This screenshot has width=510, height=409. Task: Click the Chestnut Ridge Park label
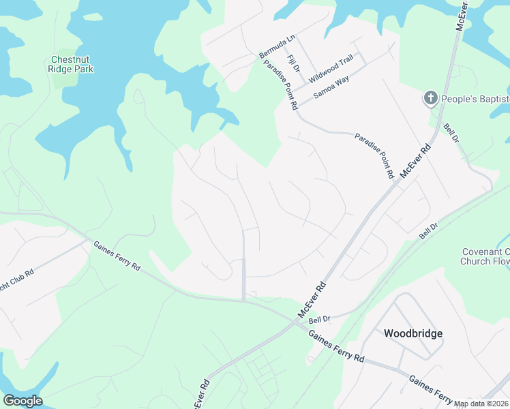[x=71, y=64]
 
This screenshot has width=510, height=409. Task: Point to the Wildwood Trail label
[x=331, y=67]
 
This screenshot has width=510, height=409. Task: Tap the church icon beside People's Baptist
[x=430, y=99]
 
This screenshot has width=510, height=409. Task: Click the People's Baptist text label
[x=475, y=100]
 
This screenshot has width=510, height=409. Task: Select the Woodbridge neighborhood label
[x=413, y=333]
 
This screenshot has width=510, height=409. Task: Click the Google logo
[x=22, y=401]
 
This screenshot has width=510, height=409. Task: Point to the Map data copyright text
[x=481, y=404]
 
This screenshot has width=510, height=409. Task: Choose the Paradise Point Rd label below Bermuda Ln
[x=280, y=85]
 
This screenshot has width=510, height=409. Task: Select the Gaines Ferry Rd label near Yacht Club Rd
[x=117, y=256]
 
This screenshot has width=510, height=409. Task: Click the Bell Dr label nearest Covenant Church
[x=428, y=230]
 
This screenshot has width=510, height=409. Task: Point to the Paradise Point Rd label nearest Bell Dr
[x=374, y=156]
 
